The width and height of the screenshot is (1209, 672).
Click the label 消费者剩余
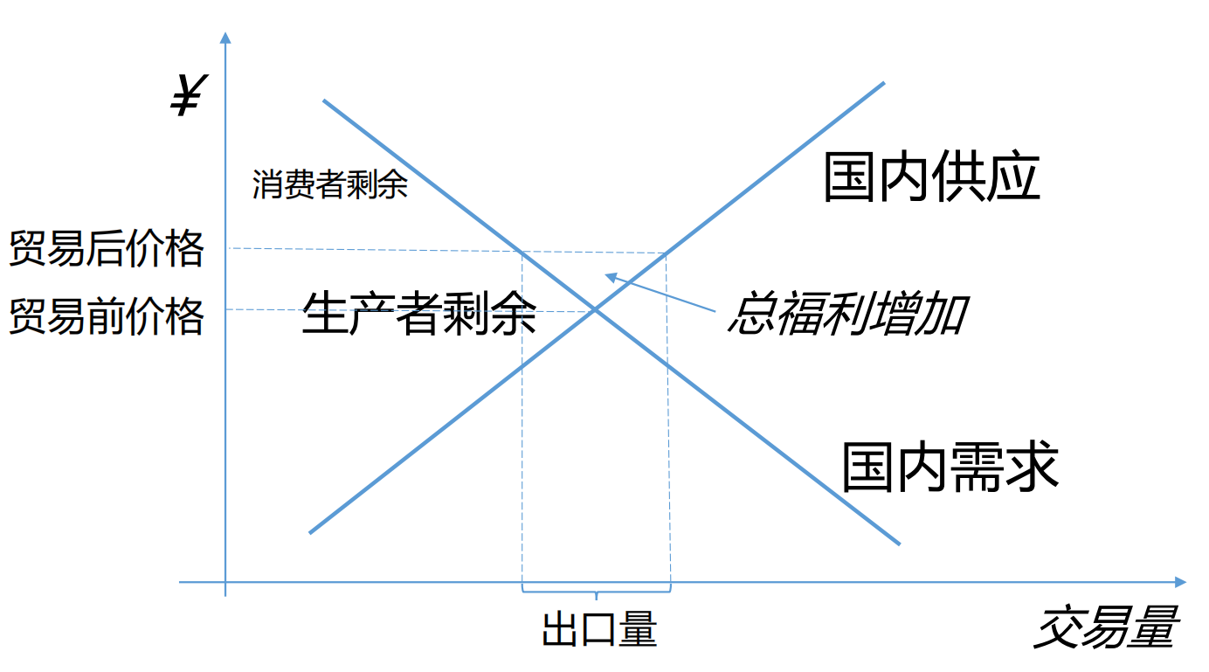pyautogui.click(x=329, y=184)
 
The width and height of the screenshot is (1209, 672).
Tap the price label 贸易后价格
pyautogui.click(x=107, y=249)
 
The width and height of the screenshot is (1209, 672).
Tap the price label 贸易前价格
pyautogui.click(x=107, y=315)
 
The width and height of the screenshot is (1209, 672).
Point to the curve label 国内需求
pyautogui.click(x=950, y=466)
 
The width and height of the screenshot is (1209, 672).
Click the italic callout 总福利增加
pyautogui.click(x=846, y=314)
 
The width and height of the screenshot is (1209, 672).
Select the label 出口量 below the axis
pyautogui.click(x=598, y=630)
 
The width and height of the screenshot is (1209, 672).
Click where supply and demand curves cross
pyautogui.click(x=595, y=309)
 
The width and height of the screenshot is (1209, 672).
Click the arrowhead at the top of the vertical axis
pyautogui.click(x=225, y=36)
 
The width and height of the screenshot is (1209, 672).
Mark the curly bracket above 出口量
pyautogui.click(x=597, y=593)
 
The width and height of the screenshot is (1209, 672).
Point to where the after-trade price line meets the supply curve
pyautogui.click(x=667, y=253)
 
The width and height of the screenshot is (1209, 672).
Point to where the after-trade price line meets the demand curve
pyautogui.click(x=522, y=252)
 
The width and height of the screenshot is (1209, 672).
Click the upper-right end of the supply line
pyautogui.click(x=883, y=84)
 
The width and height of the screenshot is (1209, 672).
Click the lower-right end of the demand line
pyautogui.click(x=898, y=544)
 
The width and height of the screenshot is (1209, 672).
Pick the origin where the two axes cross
pyautogui.click(x=225, y=582)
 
